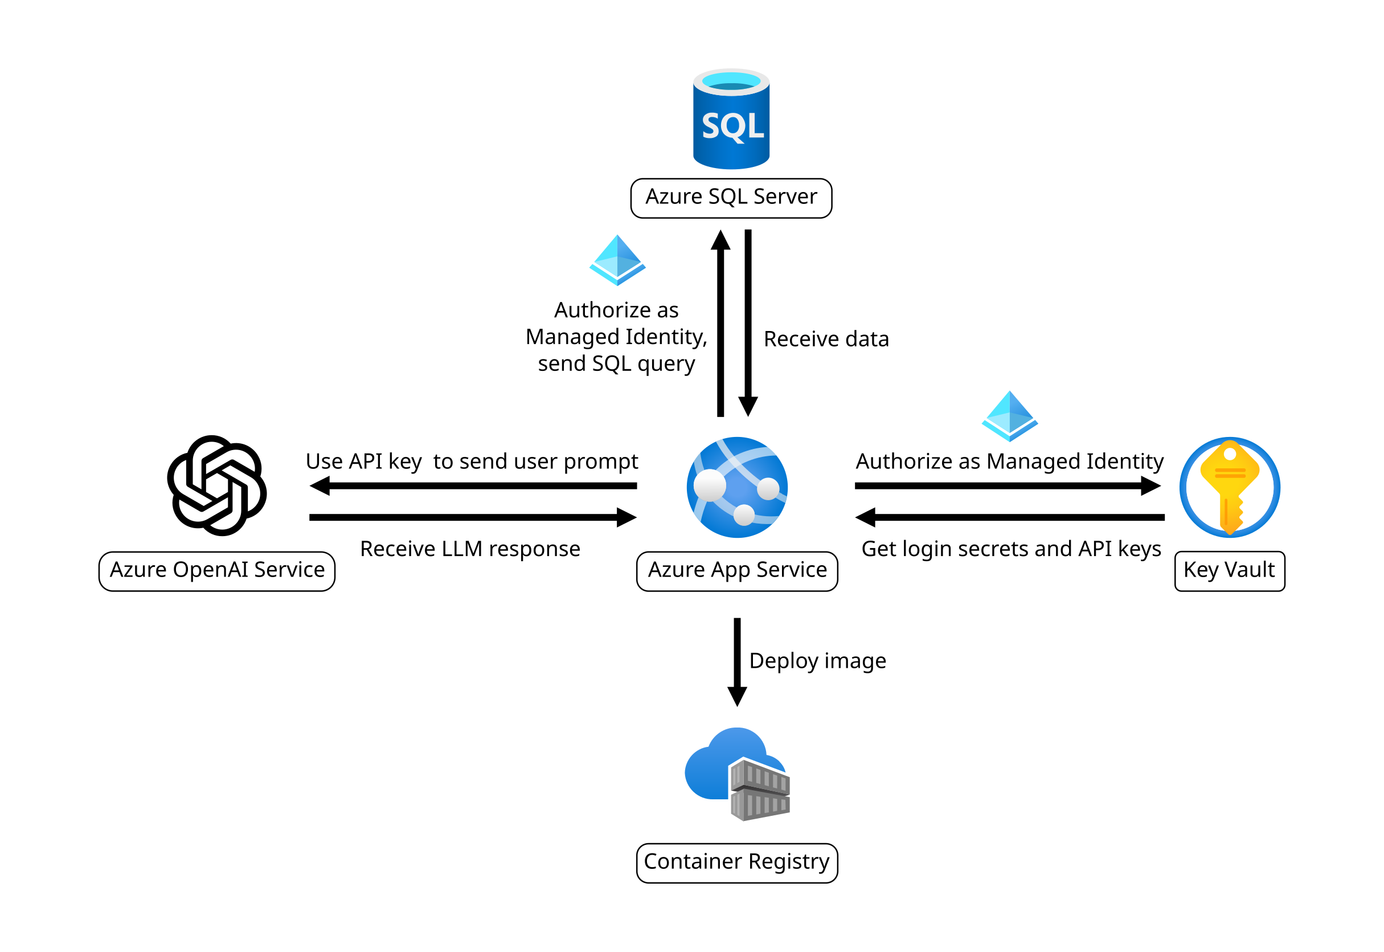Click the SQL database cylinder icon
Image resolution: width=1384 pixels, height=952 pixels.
(731, 119)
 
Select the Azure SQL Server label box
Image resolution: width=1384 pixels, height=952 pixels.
(731, 198)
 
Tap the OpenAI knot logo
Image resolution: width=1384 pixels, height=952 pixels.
(216, 485)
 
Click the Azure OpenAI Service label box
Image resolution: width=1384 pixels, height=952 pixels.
(216, 571)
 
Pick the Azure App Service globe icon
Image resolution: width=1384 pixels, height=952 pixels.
(737, 487)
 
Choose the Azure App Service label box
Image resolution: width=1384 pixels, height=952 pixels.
(737, 571)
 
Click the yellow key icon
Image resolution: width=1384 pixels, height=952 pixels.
(1229, 487)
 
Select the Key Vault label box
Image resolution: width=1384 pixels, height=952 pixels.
(1229, 571)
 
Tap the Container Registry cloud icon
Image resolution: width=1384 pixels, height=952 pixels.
(737, 774)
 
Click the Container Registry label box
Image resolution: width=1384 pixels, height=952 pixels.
(737, 863)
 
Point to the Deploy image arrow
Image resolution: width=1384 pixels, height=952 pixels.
(737, 662)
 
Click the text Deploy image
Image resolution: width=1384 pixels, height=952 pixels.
(817, 661)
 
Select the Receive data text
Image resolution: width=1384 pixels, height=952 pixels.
(826, 339)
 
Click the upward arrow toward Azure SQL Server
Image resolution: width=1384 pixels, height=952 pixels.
(720, 322)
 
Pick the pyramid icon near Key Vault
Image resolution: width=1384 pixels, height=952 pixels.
(1010, 416)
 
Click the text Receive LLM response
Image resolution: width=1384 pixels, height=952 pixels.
(470, 549)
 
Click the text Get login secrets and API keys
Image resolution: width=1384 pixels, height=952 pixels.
(1011, 549)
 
